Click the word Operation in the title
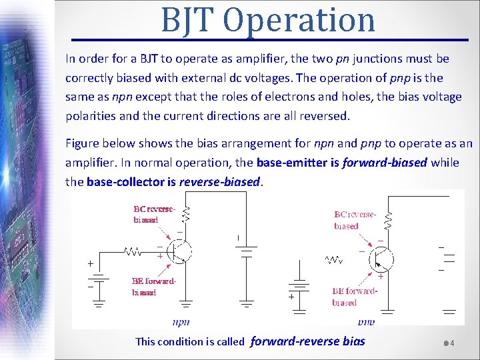tap(300, 20)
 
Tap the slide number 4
tap(452, 343)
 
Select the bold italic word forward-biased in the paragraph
tap(385, 163)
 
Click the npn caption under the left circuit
tap(181, 322)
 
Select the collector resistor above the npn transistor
tap(186, 214)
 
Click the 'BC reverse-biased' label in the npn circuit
tap(154, 213)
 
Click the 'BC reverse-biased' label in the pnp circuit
tap(355, 221)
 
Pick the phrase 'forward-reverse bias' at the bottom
tap(307, 341)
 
